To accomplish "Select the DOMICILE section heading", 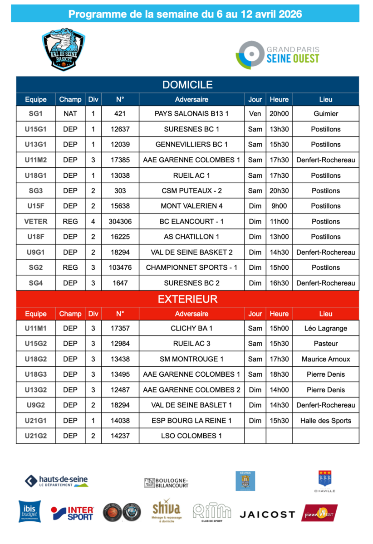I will click(187, 85).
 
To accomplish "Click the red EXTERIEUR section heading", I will click(187, 299).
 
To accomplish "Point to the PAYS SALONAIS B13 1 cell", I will click(191, 114).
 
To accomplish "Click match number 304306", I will click(120, 222).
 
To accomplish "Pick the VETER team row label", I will click(36, 222).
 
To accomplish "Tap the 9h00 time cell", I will click(279, 206).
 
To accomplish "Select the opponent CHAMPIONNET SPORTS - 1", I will click(191, 268).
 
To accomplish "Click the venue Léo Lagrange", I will click(325, 329).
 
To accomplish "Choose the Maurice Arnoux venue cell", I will click(325, 359).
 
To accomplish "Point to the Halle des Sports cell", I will click(325, 421).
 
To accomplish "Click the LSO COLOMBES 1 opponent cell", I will click(191, 436).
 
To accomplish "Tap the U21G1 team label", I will click(36, 421).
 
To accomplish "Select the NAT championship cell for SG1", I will click(70, 114).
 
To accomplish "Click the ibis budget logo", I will click(29, 511).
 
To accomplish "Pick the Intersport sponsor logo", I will click(73, 513).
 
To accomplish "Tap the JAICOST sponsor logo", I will click(267, 515).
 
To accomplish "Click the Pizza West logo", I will click(319, 513).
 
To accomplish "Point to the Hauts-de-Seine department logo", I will click(56, 481).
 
